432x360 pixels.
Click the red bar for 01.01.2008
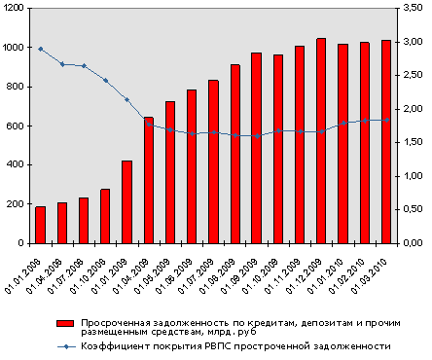coord(40,224)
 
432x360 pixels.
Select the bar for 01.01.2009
coord(126,201)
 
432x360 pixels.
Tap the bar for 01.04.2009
coord(149,180)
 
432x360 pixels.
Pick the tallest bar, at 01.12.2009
coord(321,140)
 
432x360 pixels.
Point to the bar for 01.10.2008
coord(105,215)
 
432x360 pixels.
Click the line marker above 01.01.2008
coord(40,49)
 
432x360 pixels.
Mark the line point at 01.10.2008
coord(105,80)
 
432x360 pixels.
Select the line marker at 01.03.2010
coord(386,120)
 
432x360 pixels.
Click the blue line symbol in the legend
coord(66,345)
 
